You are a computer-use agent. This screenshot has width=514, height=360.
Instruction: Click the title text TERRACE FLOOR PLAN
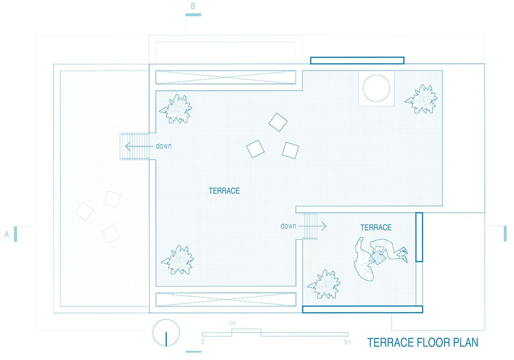[x=423, y=342]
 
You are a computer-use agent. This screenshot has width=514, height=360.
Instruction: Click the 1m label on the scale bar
[x=232, y=323]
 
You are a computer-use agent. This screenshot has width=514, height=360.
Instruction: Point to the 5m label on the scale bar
[x=348, y=342]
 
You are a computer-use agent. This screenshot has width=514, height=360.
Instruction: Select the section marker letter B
[x=193, y=6]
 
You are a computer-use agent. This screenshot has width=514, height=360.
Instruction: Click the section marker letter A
[x=7, y=234]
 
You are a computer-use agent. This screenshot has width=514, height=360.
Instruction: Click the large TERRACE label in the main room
[x=224, y=191]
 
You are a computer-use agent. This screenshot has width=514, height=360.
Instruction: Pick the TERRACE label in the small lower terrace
[x=376, y=227]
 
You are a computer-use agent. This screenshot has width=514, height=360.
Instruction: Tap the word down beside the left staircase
[x=164, y=146]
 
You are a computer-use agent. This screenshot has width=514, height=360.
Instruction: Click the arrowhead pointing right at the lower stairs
[x=324, y=226]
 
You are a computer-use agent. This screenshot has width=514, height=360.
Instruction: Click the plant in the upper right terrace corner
[x=421, y=99]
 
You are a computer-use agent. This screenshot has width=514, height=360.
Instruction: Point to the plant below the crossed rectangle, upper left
[x=176, y=109]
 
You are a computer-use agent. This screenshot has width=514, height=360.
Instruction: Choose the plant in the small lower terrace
[x=324, y=284]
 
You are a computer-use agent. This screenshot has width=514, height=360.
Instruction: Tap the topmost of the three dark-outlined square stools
[x=278, y=122]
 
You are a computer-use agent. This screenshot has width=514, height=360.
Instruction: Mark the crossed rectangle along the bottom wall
[x=226, y=300]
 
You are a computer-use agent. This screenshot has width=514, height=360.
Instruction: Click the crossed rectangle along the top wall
[x=226, y=77]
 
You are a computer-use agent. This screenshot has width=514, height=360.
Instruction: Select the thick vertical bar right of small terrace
[x=419, y=237]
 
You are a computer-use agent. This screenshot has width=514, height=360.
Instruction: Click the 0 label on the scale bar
[x=203, y=342]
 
